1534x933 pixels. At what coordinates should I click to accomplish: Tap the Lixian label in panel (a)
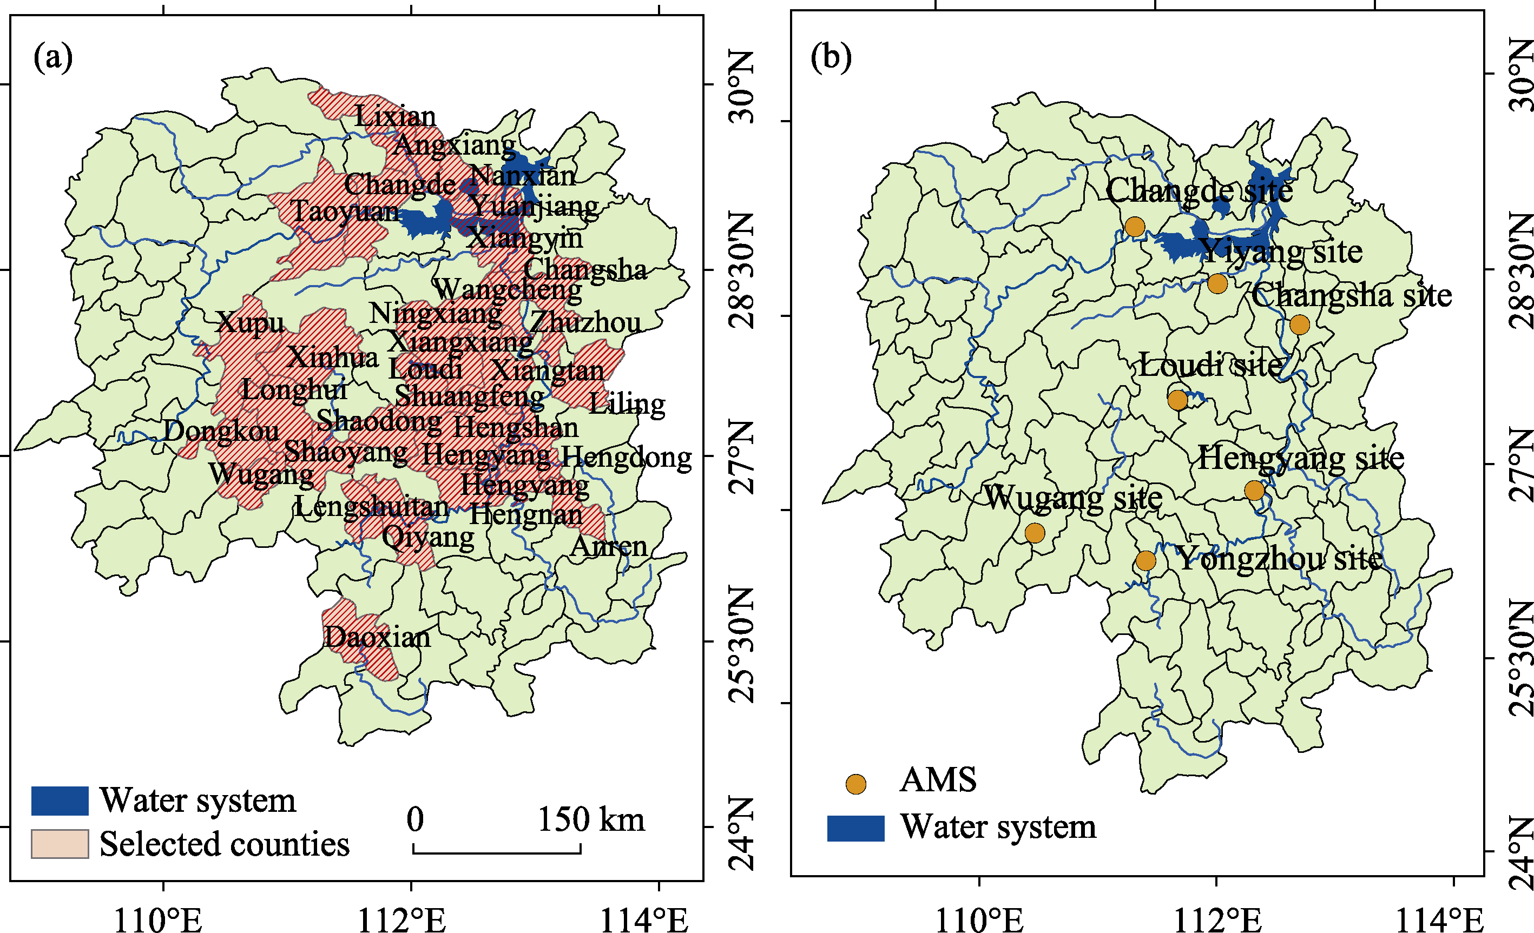pos(396,116)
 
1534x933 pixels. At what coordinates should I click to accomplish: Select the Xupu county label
pos(251,322)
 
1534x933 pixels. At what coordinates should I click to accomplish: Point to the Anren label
pos(609,546)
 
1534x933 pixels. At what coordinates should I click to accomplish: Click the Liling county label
pos(627,404)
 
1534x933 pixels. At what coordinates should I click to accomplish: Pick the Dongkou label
pos(222,431)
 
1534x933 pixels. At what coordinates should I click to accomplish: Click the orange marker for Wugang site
pos(1035,533)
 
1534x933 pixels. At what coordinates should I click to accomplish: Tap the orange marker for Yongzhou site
pos(1145,561)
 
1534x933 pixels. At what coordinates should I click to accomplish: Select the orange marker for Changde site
pos(1135,227)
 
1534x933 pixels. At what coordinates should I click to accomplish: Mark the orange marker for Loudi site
pos(1177,400)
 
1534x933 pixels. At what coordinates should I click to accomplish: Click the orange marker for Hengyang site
pos(1254,491)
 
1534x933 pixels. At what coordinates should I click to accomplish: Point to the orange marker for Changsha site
pos(1299,325)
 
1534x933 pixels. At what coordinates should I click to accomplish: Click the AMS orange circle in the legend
pos(856,784)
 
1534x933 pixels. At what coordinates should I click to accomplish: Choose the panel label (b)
pos(831,57)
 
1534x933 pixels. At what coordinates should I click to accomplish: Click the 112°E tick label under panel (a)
pos(401,920)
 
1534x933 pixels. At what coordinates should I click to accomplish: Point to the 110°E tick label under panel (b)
pos(979,920)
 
